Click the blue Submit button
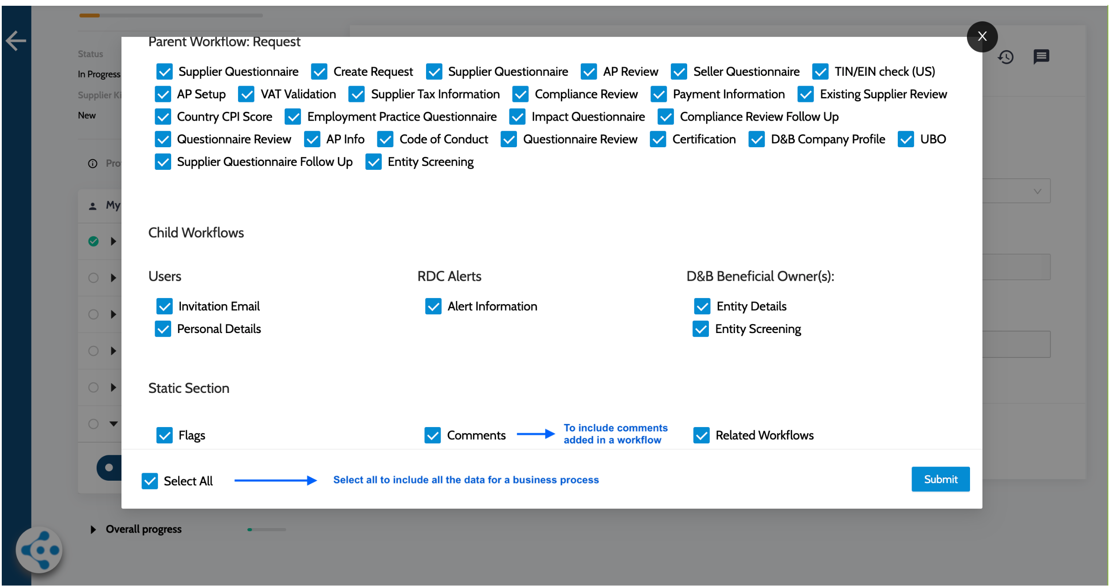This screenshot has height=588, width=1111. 940,479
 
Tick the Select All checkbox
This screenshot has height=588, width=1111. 150,481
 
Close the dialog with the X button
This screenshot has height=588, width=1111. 982,36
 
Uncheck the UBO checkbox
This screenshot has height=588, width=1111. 906,139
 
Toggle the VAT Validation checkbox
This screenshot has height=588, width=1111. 246,94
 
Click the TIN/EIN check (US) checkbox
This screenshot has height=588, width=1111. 820,71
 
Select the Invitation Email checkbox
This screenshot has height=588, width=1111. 164,306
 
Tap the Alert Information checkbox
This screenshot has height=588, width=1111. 433,306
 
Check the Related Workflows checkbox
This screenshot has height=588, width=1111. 701,435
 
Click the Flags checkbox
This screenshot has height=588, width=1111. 164,435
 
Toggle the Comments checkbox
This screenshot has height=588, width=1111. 433,435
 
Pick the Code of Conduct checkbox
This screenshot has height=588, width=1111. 385,139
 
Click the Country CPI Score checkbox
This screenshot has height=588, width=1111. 163,117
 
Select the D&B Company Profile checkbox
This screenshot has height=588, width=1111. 756,139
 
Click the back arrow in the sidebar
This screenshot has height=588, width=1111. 16,41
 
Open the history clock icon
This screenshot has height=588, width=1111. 1006,57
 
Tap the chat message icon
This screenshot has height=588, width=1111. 1041,57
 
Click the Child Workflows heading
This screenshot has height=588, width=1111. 196,232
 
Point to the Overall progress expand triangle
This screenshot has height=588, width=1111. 93,529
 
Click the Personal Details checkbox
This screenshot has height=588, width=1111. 163,329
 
